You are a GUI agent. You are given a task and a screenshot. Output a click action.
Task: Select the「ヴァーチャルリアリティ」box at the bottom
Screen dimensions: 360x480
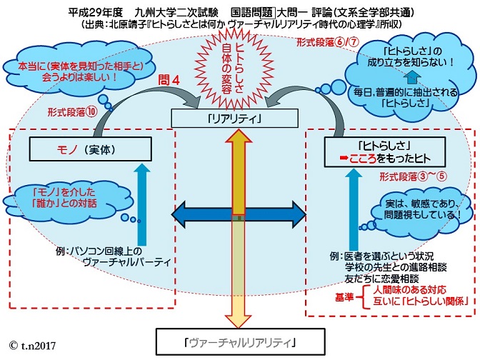tap(239, 342)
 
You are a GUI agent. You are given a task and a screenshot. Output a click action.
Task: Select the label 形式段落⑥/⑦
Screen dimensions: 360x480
tap(321, 42)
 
